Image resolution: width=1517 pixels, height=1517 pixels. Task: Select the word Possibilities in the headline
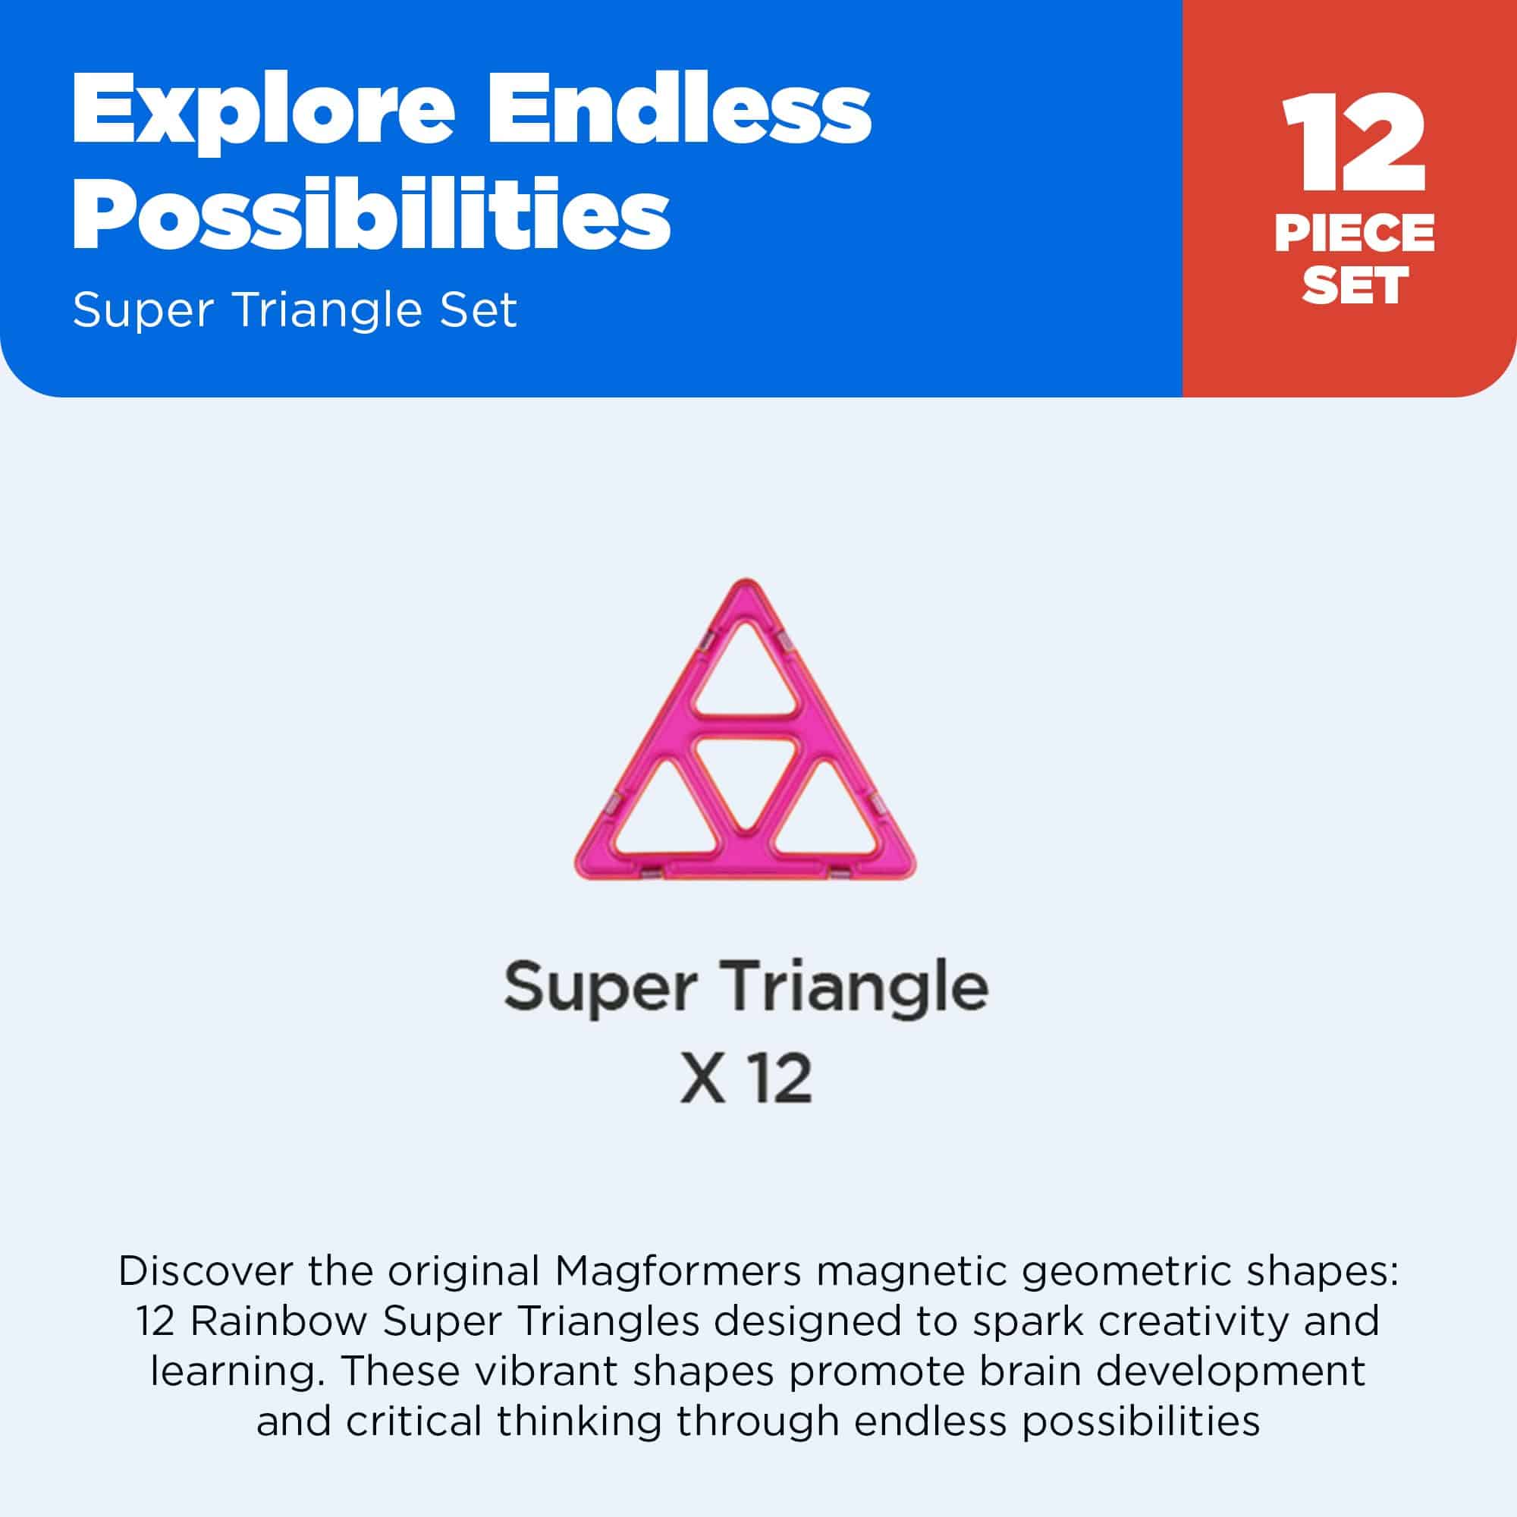coord(372,213)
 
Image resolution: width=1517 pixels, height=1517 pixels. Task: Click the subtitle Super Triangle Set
coord(294,310)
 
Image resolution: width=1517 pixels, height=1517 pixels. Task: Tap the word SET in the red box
coord(1354,285)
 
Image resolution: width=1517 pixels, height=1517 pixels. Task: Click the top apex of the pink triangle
coord(744,586)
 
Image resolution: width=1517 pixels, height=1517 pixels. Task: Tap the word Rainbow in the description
coord(278,1321)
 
